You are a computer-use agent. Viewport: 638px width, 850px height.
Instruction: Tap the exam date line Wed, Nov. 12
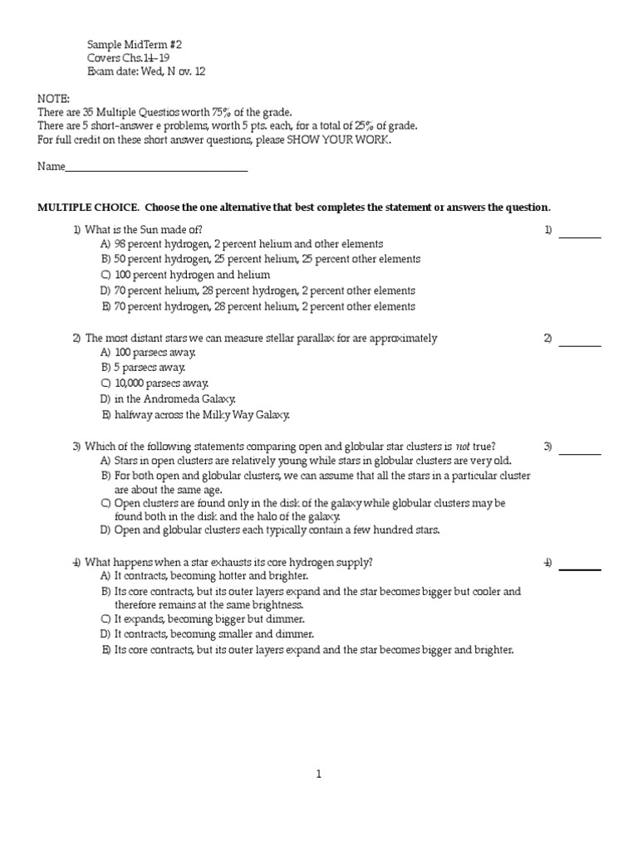146,71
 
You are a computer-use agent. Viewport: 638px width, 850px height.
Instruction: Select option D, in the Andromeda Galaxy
169,399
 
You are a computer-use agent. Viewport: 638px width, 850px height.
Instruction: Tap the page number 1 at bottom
318,774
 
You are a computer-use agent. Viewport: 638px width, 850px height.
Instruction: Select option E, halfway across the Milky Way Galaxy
195,415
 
